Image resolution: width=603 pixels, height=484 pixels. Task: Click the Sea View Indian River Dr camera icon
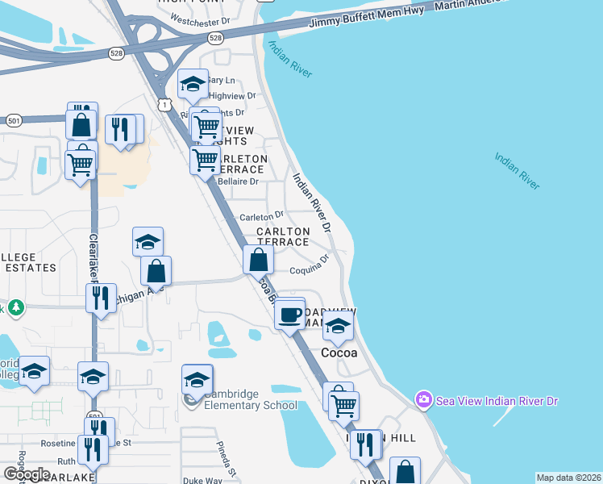423,400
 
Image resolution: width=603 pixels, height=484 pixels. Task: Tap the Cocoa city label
339,353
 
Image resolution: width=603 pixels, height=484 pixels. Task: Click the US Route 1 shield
164,106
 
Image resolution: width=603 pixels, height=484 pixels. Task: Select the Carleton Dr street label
261,215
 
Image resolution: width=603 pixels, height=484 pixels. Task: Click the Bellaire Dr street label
237,181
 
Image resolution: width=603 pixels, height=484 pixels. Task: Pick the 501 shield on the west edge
13,121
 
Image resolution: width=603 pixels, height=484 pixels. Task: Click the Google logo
27,474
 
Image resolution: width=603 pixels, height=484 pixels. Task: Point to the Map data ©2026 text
568,478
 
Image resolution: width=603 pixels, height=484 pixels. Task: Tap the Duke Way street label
202,480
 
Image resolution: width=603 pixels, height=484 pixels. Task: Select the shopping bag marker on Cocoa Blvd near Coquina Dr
258,261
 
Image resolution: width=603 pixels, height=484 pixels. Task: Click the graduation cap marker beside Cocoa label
338,326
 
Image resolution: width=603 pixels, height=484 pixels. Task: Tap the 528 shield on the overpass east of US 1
214,37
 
